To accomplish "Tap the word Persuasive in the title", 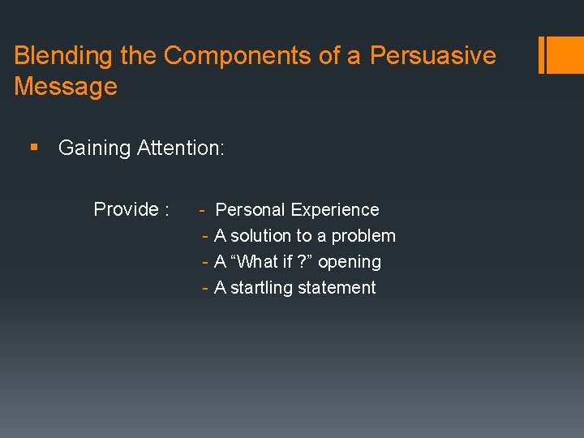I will point(433,56).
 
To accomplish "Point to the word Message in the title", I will point(66,87).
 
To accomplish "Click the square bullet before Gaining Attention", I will point(32,148).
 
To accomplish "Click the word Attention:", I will point(181,148).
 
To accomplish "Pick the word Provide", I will point(126,209).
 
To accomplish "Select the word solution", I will point(261,236).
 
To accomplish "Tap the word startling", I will point(263,288).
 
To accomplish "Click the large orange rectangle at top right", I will point(566,54).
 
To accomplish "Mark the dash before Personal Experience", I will point(202,210).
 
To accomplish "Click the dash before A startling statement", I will point(206,288).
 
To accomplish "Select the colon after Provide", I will point(166,210).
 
